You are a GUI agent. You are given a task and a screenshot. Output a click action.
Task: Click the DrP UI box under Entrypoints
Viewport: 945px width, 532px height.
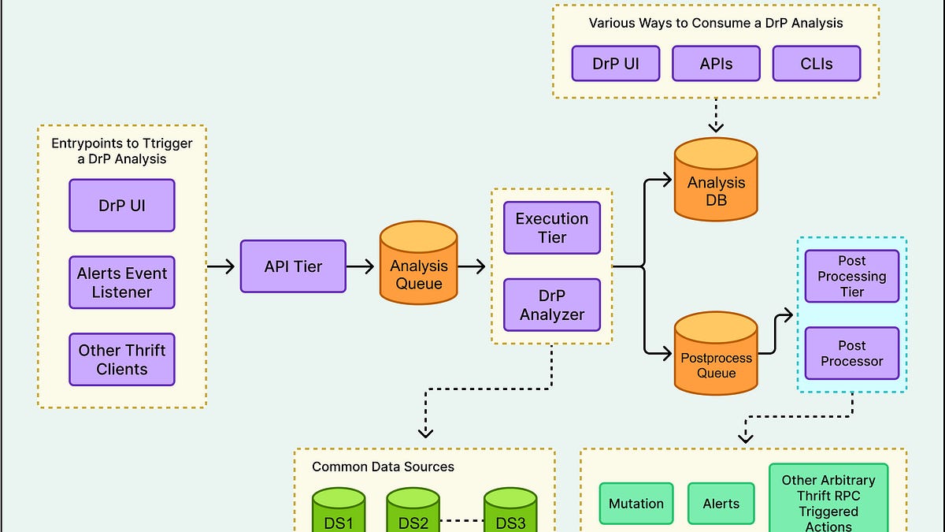coord(122,206)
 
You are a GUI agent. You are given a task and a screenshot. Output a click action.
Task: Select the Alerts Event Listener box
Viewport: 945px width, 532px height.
coord(122,282)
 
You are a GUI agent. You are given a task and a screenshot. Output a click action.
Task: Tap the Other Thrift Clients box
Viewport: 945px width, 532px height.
coord(122,359)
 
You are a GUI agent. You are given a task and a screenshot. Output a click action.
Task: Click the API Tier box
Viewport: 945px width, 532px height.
coord(293,266)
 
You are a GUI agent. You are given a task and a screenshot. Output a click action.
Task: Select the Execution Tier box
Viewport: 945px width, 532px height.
coord(551,228)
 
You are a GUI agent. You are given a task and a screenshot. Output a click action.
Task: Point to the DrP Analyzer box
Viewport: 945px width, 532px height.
coord(551,305)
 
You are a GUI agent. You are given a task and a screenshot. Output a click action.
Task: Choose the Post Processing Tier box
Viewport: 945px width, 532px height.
coord(851,277)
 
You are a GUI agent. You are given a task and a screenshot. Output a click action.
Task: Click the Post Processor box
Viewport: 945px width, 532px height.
coord(851,354)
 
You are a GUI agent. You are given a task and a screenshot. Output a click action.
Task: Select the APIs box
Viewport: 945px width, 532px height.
coord(716,64)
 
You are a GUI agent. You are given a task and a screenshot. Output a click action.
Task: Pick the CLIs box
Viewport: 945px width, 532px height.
coord(817,64)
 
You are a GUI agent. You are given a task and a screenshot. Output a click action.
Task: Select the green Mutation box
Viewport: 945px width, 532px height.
coord(636,504)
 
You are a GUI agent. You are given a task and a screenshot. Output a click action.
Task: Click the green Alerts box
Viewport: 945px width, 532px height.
coord(721,504)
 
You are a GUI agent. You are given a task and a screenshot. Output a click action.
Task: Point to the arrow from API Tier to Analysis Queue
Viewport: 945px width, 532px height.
coord(361,266)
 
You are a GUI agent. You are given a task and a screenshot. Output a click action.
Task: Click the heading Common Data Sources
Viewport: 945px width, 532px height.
coord(383,467)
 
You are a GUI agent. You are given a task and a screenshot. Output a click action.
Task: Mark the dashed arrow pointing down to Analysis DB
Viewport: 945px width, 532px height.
coord(716,117)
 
